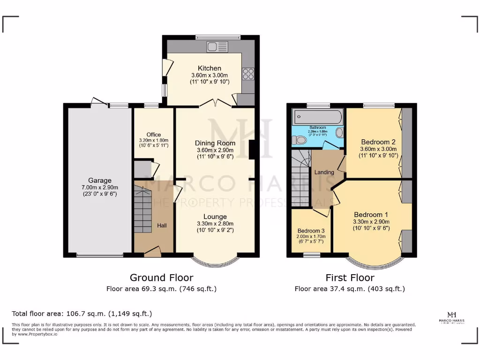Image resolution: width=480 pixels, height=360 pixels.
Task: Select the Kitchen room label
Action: click(209, 68)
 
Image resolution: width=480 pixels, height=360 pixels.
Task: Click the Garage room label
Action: click(100, 180)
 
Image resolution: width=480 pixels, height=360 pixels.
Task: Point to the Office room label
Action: click(153, 135)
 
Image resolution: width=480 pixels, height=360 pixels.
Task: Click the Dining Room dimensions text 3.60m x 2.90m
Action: click(215, 150)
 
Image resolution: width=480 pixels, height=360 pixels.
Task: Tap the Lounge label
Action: click(215, 217)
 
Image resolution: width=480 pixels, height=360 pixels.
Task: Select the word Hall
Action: click(162, 225)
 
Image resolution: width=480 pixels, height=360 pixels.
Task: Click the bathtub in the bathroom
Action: click(317, 117)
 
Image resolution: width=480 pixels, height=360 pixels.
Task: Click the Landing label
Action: click(324, 172)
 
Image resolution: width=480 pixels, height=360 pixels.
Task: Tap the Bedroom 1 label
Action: click(371, 215)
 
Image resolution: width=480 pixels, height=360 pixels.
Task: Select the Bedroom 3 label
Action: click(311, 231)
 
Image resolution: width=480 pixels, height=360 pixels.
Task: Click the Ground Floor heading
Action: click(161, 278)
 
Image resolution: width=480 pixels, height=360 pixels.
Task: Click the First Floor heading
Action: click(350, 278)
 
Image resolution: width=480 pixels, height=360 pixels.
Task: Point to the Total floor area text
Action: click(82, 314)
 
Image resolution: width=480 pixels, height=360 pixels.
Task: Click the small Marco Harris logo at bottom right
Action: click(452, 317)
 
